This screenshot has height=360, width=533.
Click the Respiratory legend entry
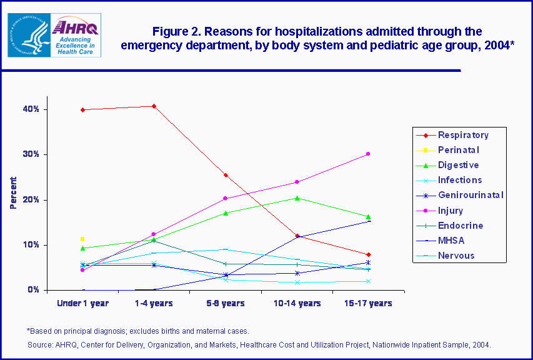click(462, 135)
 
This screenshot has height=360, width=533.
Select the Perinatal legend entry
click(458, 150)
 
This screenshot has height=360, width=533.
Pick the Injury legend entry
click(451, 211)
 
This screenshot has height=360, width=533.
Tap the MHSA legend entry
click(451, 241)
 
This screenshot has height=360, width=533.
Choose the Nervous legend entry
click(456, 256)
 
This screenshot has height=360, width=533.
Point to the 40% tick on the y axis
click(32, 109)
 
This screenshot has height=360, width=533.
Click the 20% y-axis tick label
click(32, 200)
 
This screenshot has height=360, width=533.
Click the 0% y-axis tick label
click(34, 290)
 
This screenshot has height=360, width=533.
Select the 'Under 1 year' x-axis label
click(83, 304)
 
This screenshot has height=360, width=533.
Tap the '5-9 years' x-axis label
click(226, 304)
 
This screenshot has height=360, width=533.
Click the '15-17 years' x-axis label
click(369, 304)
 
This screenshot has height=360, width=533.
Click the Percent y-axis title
click(13, 192)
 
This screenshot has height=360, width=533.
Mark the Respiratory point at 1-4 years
click(154, 106)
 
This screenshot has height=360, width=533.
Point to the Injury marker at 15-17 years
click(368, 154)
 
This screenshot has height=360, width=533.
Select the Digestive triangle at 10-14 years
click(297, 198)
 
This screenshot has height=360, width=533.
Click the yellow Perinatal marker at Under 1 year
click(82, 239)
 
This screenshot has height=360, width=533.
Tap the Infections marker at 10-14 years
click(297, 282)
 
